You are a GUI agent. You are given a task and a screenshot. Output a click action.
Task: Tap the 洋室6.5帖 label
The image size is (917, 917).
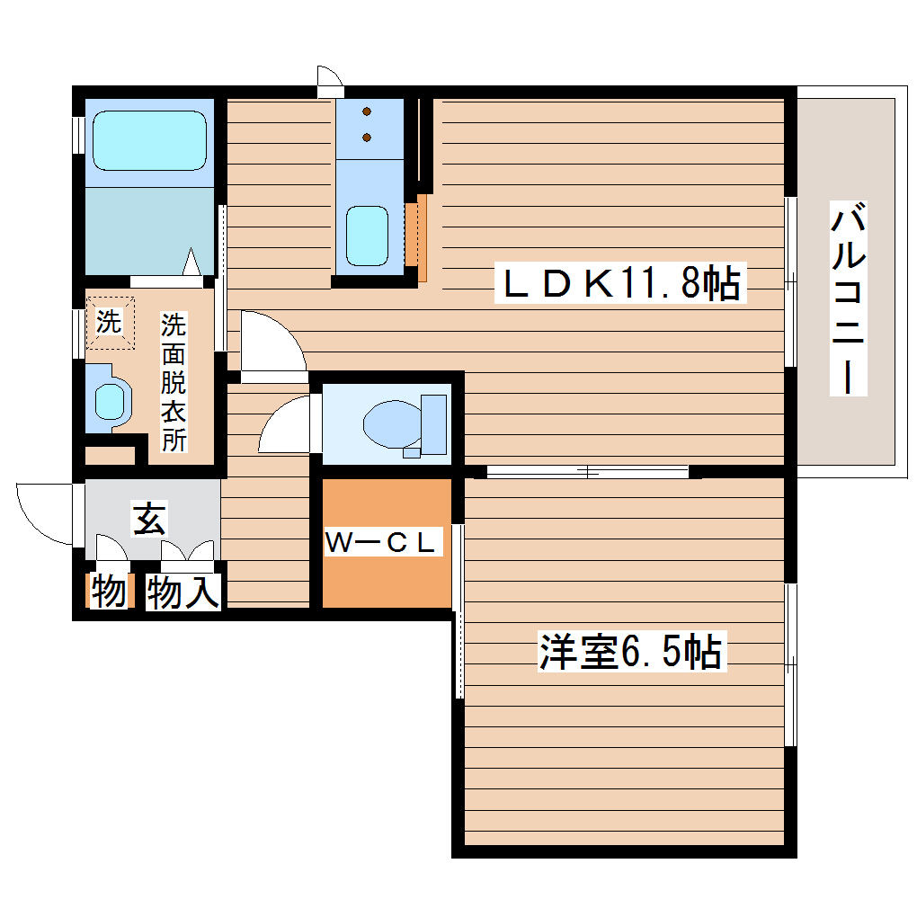(x=629, y=652)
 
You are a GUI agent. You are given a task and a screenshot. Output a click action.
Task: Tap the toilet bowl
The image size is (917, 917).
(x=389, y=423)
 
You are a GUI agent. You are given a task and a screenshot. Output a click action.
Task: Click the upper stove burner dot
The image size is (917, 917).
(x=367, y=112)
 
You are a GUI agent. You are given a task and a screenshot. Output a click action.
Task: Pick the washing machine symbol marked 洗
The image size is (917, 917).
(x=109, y=322)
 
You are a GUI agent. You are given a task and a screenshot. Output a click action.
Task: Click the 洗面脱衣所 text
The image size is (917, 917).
(x=173, y=381)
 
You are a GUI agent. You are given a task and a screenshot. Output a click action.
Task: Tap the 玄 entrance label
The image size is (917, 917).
(x=149, y=519)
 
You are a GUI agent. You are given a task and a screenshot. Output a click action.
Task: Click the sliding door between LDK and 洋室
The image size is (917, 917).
(x=588, y=470)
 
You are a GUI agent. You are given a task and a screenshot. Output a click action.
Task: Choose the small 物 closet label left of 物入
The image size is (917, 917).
(x=109, y=592)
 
